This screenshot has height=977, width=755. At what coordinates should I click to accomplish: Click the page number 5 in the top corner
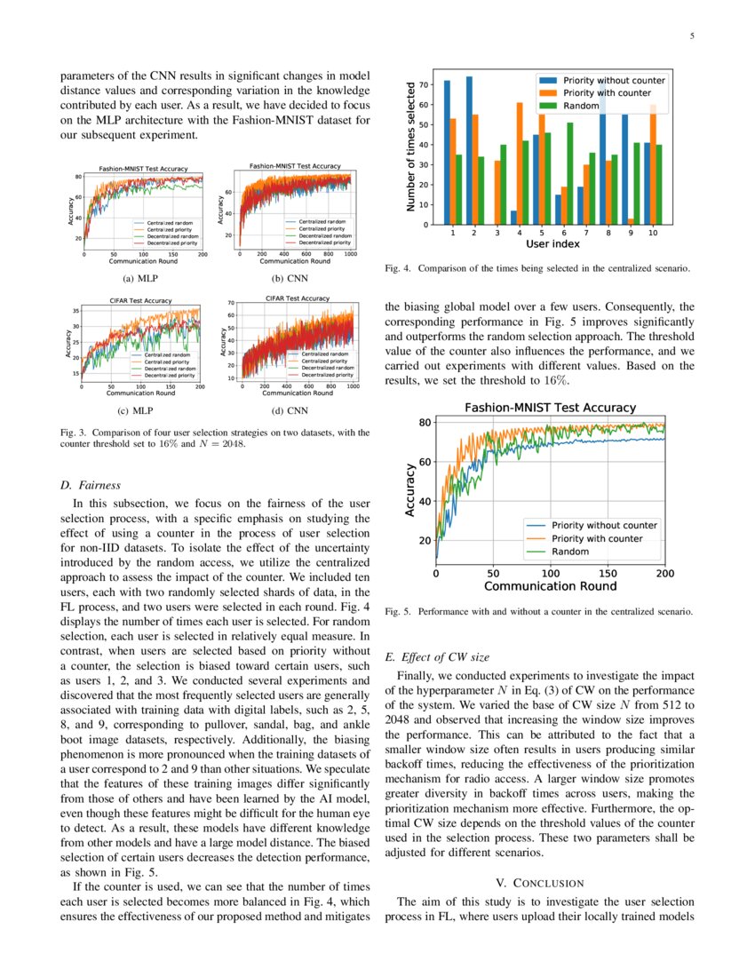tap(691, 36)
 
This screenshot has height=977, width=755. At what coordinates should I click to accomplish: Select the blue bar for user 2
tap(469, 151)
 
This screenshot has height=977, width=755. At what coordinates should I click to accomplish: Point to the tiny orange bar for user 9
tap(631, 221)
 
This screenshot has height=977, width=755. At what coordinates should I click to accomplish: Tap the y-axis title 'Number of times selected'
tap(410, 147)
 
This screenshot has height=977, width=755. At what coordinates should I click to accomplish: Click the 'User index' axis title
tap(552, 242)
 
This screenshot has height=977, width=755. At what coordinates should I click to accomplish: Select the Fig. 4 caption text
tap(536, 267)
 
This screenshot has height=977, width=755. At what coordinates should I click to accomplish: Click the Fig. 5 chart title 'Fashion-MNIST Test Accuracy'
tap(551, 408)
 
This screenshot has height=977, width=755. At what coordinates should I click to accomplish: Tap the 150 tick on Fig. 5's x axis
tap(608, 575)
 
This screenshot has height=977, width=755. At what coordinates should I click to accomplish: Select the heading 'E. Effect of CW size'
tap(437, 657)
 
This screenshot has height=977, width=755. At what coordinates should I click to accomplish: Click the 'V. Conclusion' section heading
tap(539, 882)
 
